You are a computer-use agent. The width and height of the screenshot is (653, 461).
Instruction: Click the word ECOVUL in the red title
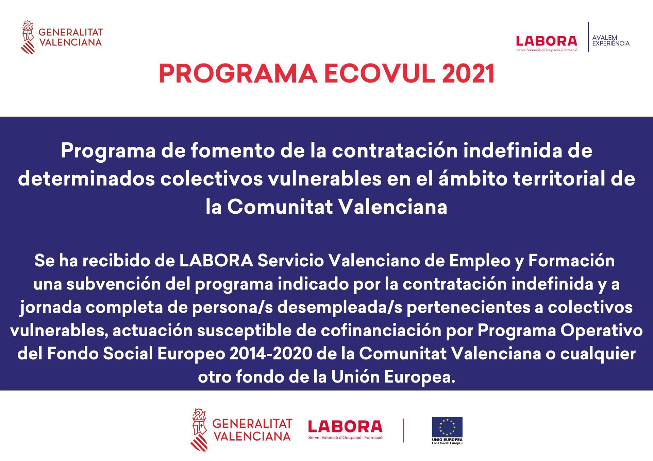click(x=379, y=74)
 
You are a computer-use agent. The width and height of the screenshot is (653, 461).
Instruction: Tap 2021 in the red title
click(x=468, y=74)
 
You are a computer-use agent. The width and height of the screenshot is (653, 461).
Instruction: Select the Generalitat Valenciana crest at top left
click(x=28, y=37)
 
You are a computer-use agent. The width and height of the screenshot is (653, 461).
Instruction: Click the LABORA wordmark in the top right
click(x=547, y=41)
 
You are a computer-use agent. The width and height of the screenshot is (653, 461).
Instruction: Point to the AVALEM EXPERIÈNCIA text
click(x=611, y=40)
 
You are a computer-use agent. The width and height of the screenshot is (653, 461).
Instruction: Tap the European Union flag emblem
click(x=447, y=427)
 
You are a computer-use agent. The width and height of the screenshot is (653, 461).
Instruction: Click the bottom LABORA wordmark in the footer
click(x=345, y=427)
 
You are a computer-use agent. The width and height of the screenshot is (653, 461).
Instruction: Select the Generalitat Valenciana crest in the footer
click(x=199, y=430)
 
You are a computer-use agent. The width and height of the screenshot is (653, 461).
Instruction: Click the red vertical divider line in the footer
click(x=404, y=430)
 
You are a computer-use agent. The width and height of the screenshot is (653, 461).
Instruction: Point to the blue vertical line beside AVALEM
click(x=588, y=37)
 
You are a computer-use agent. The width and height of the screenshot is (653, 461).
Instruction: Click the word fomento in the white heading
click(x=232, y=150)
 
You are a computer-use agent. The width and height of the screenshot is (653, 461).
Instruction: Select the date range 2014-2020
click(x=271, y=354)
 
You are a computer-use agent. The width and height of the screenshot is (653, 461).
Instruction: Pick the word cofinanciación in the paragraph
click(x=381, y=331)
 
